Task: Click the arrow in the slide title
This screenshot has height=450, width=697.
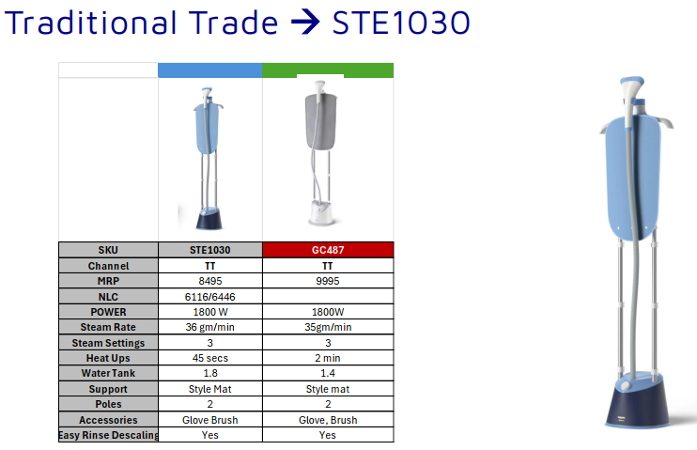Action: pyautogui.click(x=304, y=23)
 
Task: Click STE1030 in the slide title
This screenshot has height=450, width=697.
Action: pyautogui.click(x=401, y=23)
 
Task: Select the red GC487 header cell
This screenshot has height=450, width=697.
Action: pyautogui.click(x=328, y=251)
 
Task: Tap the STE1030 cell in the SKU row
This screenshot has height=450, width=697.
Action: pyautogui.click(x=209, y=251)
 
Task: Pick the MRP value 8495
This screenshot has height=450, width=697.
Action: pyautogui.click(x=209, y=281)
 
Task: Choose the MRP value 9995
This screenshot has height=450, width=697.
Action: pyautogui.click(x=328, y=281)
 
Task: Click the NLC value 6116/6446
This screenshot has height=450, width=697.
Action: pyautogui.click(x=209, y=296)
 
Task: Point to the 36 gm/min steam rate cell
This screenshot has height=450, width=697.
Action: pyautogui.click(x=209, y=327)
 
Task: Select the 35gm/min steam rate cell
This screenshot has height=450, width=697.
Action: pyautogui.click(x=328, y=327)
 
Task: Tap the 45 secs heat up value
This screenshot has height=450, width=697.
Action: pyautogui.click(x=209, y=358)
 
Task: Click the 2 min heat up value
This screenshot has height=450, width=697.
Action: pyautogui.click(x=328, y=358)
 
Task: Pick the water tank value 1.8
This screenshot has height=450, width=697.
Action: pyautogui.click(x=209, y=373)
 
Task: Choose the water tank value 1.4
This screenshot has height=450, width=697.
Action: pyautogui.click(x=328, y=373)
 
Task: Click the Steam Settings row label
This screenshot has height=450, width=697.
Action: pyautogui.click(x=108, y=342)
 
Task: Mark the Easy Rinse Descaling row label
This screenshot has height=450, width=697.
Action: pyautogui.click(x=108, y=435)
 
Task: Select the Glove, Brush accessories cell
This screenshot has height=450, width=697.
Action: pyautogui.click(x=328, y=420)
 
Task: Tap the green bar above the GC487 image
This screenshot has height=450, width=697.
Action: pyautogui.click(x=328, y=70)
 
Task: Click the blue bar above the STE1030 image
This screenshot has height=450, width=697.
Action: pyautogui.click(x=209, y=70)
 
